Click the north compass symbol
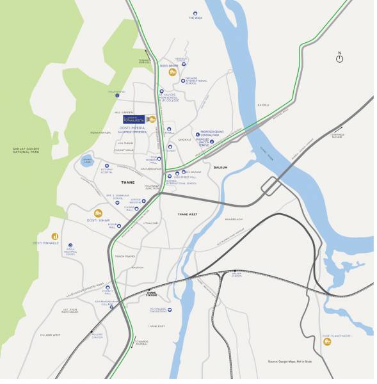[x=340, y=58]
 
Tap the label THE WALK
[x=195, y=18]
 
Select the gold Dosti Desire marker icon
[x=172, y=72]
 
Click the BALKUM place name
[x=221, y=167]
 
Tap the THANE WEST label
[x=188, y=214]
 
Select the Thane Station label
[x=151, y=294]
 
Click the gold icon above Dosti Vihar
[x=99, y=213]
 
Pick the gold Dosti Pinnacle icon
[x=55, y=236]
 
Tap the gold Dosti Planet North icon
[x=327, y=342]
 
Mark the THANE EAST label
[x=157, y=326]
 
